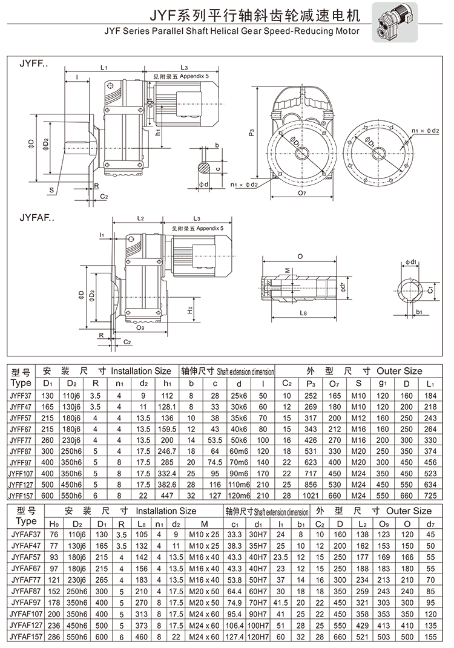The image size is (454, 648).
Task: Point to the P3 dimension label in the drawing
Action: coord(251,133)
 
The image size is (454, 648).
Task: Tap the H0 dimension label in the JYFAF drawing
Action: coord(189,309)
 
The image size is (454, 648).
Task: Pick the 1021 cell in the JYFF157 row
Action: coord(311,496)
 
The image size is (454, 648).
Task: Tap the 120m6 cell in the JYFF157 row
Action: coord(240,496)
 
